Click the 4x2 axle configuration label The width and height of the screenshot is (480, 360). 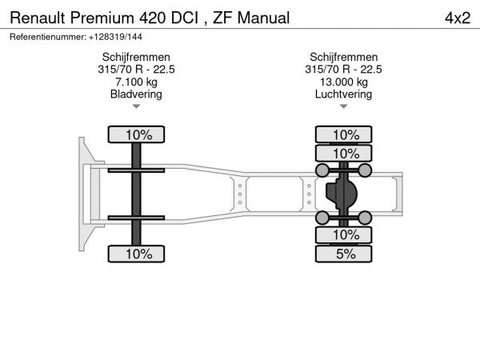(x=458, y=18)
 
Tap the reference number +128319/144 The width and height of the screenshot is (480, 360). (x=115, y=37)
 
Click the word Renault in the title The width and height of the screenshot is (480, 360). (x=38, y=18)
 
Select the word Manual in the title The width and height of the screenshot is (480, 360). (x=263, y=18)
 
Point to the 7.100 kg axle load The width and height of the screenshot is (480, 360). (x=136, y=82)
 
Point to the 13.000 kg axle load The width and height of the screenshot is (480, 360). (x=344, y=82)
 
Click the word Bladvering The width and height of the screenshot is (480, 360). (x=136, y=94)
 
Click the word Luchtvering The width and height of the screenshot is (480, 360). (x=343, y=94)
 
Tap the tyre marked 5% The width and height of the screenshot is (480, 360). (x=344, y=254)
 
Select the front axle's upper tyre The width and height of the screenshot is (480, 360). (x=136, y=134)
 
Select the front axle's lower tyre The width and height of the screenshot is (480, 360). (x=136, y=254)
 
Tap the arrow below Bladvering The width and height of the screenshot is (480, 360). (x=136, y=106)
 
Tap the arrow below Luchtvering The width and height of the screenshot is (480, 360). (x=344, y=106)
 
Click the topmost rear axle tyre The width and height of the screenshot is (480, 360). (x=344, y=134)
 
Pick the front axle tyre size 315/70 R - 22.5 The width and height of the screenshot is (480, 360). (x=136, y=70)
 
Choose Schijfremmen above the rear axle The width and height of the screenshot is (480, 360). (x=344, y=58)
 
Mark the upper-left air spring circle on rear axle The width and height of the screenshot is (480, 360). (x=322, y=170)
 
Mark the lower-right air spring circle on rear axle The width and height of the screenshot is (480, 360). (x=365, y=218)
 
